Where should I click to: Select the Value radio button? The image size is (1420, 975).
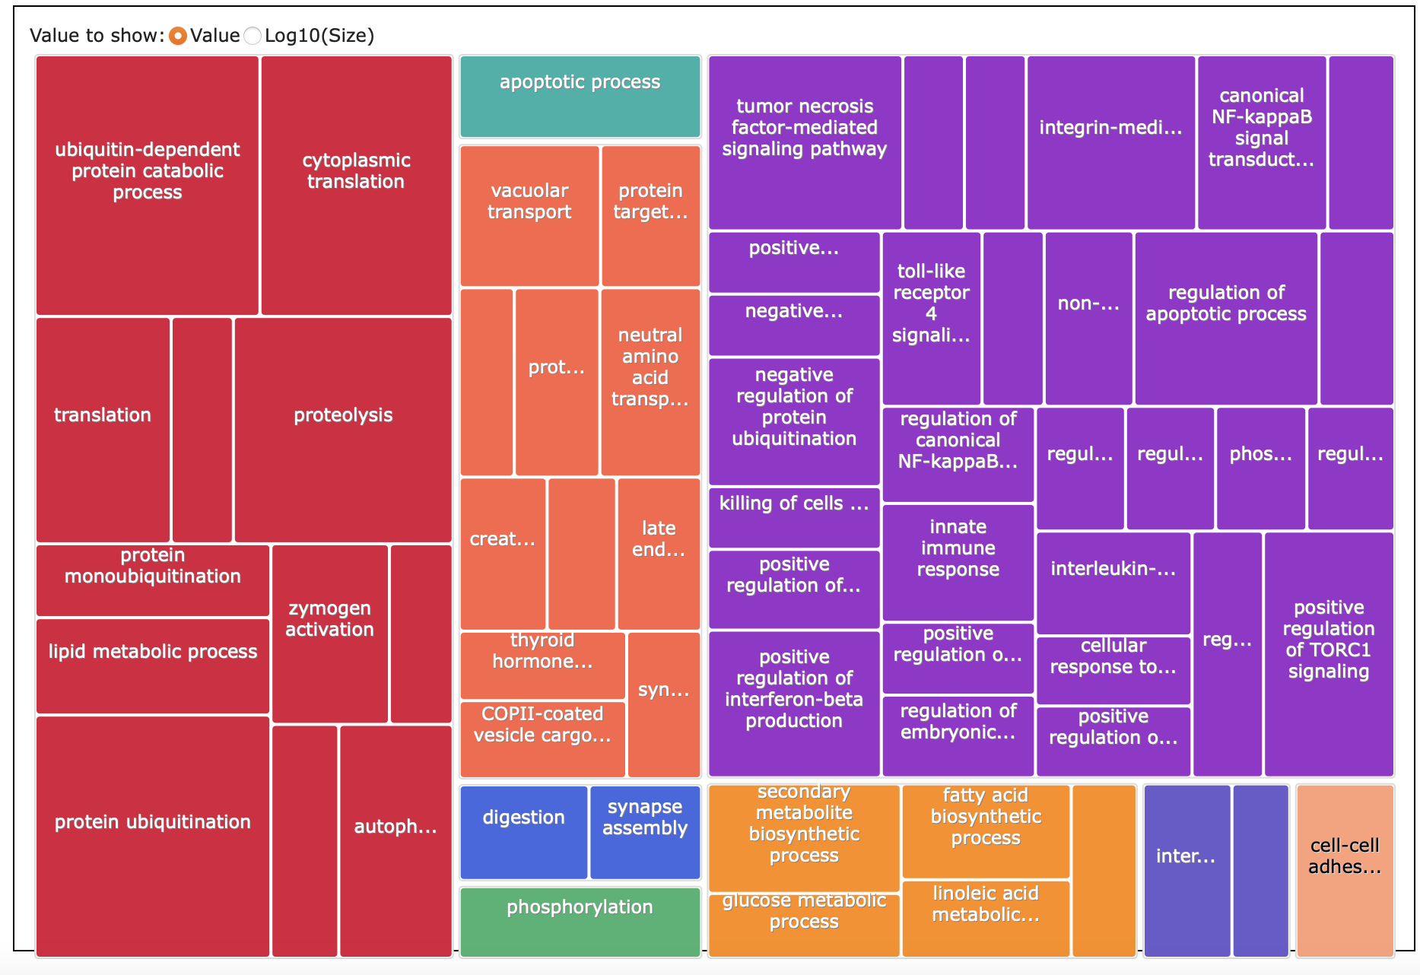pyautogui.click(x=178, y=36)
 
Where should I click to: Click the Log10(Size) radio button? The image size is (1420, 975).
pyautogui.click(x=253, y=36)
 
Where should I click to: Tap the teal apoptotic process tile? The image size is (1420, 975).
pyautogui.click(x=580, y=97)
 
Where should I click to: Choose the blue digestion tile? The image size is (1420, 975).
pyautogui.click(x=523, y=832)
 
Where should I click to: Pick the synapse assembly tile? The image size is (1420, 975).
pyautogui.click(x=645, y=832)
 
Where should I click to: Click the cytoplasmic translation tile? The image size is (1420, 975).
pyautogui.click(x=356, y=186)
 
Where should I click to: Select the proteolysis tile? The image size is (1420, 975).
pyautogui.click(x=343, y=430)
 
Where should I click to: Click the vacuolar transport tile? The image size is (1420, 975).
pyautogui.click(x=529, y=216)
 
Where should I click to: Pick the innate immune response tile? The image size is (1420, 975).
pyautogui.click(x=958, y=563)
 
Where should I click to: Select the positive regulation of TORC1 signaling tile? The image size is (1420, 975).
pyautogui.click(x=1328, y=654)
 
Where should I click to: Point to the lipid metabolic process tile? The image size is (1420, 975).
pyautogui.click(x=153, y=666)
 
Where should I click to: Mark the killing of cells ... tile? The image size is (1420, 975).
pyautogui.click(x=793, y=517)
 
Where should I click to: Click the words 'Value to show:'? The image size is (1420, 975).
pyautogui.click(x=97, y=36)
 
